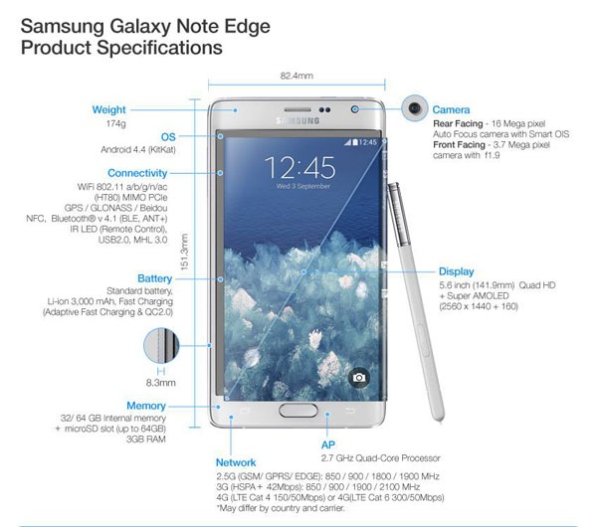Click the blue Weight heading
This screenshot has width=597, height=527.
pos(108,110)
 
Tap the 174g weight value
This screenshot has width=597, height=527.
pos(115,123)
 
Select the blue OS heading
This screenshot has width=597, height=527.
pos(168,137)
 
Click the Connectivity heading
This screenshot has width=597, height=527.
pos(137,173)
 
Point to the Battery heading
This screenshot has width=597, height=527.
pos(154,278)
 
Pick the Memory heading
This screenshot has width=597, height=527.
pos(146,406)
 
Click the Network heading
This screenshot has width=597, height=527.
pos(236,462)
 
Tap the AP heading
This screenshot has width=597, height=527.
pos(328,444)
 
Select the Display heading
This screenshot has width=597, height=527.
pos(456,271)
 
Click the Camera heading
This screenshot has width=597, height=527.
pos(451,110)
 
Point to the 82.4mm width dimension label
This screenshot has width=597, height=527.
pos(297,76)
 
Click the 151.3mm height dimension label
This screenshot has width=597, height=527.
pos(184,252)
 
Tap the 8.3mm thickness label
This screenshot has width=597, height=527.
pos(161,383)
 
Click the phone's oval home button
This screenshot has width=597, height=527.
pos(298,411)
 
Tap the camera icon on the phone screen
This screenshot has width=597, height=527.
pos(358,378)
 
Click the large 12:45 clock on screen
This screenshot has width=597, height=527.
pos(300,167)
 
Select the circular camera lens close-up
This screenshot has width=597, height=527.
pos(415,108)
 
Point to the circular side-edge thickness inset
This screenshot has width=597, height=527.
pos(161,345)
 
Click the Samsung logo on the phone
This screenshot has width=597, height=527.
pos(298,121)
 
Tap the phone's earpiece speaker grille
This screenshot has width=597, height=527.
pos(298,110)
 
